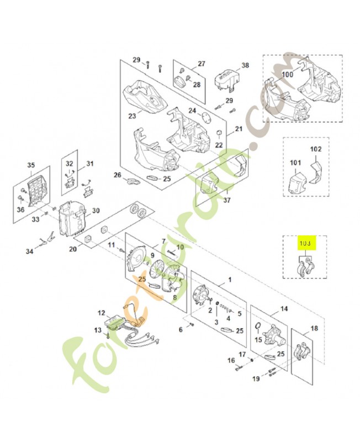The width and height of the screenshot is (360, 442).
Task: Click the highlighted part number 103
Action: coord(305,243)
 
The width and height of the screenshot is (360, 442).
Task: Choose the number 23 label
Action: coord(131,116)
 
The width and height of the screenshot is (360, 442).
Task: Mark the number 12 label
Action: coord(101,313)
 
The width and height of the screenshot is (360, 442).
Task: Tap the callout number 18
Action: coord(314,329)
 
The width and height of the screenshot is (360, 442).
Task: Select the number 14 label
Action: coord(284,309)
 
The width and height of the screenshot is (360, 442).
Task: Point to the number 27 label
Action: coord(201,64)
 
